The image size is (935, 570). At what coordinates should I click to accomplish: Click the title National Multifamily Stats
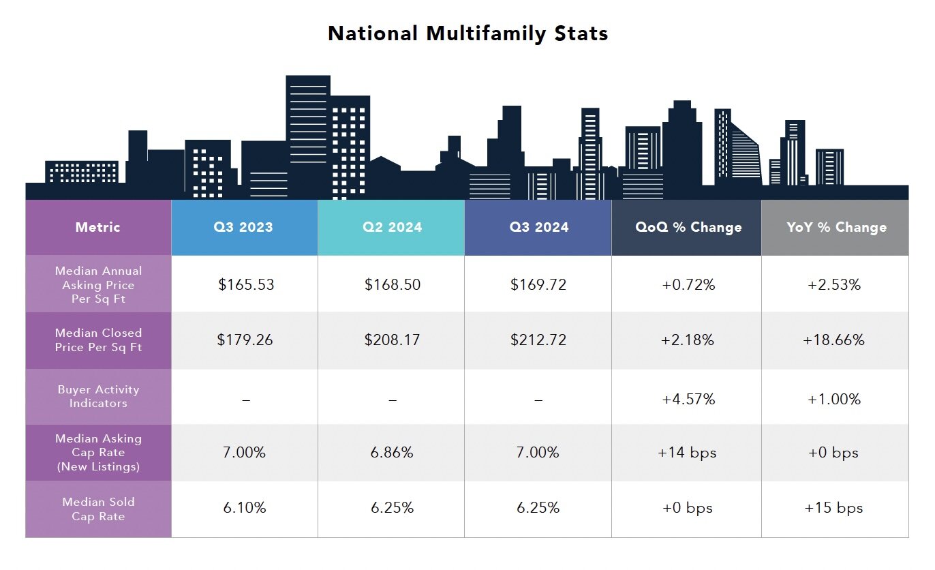[x=467, y=33]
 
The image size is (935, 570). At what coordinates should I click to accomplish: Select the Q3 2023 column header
[x=245, y=227]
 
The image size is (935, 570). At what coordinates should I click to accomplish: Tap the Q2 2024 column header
[x=391, y=227]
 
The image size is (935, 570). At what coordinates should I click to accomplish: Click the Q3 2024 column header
[x=538, y=227]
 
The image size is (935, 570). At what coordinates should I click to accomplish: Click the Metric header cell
[x=98, y=227]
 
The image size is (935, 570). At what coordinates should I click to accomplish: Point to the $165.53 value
[x=246, y=284]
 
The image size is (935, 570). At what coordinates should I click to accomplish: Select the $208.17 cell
[x=392, y=340]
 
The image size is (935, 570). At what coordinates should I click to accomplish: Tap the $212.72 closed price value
[x=538, y=340]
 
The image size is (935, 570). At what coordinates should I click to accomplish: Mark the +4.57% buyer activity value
[x=688, y=399]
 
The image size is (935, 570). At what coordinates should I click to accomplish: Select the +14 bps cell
[x=687, y=452]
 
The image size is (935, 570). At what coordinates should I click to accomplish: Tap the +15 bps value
[x=833, y=508]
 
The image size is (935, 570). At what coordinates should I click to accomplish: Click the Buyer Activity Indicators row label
[x=98, y=396]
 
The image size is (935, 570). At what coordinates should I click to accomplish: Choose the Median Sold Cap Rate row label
[x=98, y=509]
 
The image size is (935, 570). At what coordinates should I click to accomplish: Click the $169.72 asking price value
[x=538, y=284]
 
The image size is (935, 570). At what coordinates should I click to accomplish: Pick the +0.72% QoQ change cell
[x=688, y=284]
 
